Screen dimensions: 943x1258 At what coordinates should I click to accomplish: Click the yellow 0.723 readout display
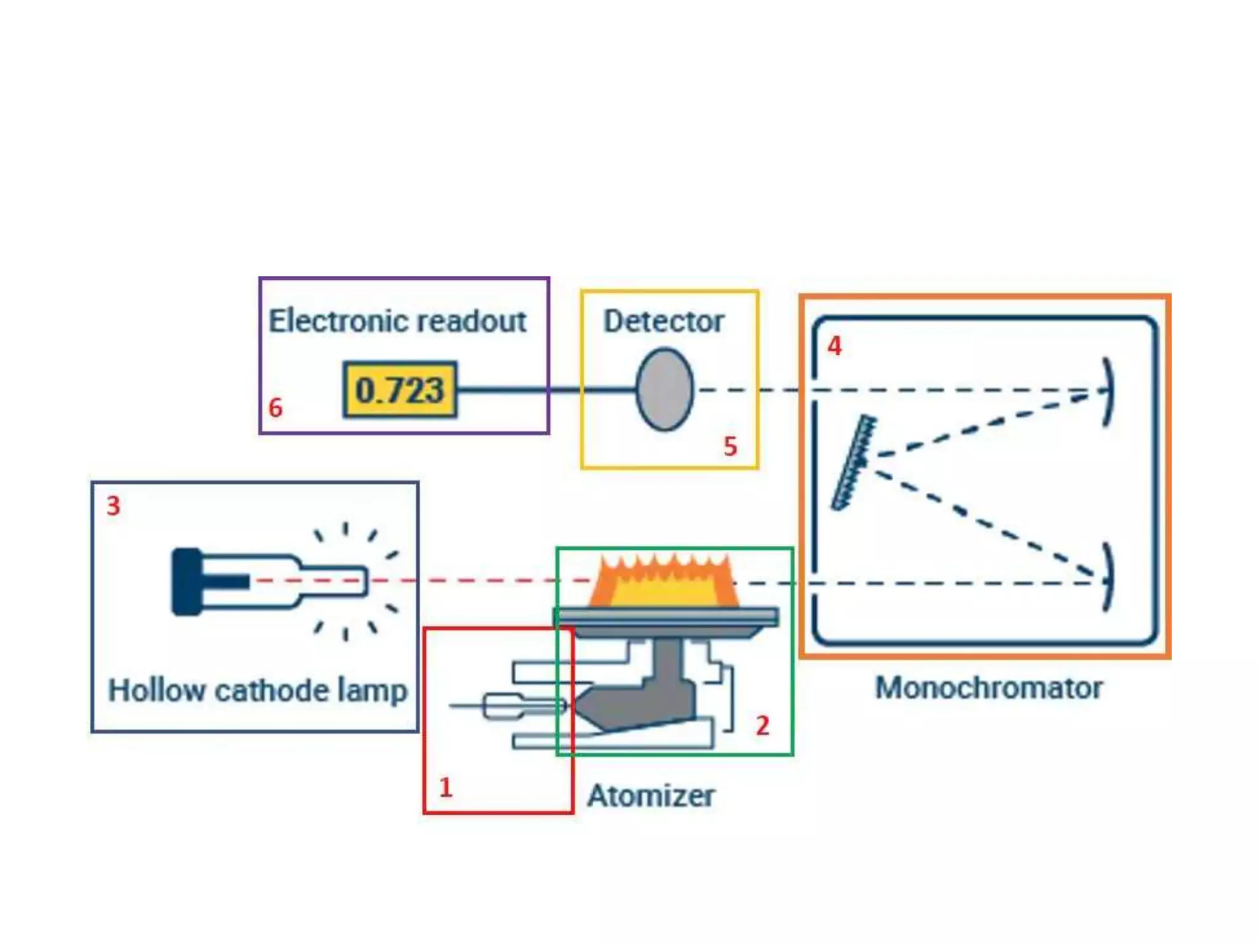click(400, 390)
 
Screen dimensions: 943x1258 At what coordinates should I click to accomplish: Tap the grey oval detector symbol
click(665, 389)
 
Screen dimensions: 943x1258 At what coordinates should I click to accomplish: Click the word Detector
click(663, 321)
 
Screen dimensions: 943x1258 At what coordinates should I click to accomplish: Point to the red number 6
click(276, 408)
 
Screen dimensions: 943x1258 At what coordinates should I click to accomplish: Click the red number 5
click(730, 446)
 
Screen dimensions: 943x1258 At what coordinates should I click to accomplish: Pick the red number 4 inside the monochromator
click(834, 346)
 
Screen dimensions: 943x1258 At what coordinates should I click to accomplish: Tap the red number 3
click(114, 506)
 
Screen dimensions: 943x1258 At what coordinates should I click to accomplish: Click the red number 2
click(762, 726)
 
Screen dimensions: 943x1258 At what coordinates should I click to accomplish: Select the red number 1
click(446, 788)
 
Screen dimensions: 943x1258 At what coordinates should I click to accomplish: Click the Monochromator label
click(988, 688)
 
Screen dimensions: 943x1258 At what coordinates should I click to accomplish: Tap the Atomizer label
click(651, 796)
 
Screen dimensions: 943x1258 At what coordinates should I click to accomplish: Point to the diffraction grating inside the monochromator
click(854, 462)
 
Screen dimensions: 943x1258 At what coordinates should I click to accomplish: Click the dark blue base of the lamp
click(186, 581)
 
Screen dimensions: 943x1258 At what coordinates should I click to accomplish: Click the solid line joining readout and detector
click(547, 389)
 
